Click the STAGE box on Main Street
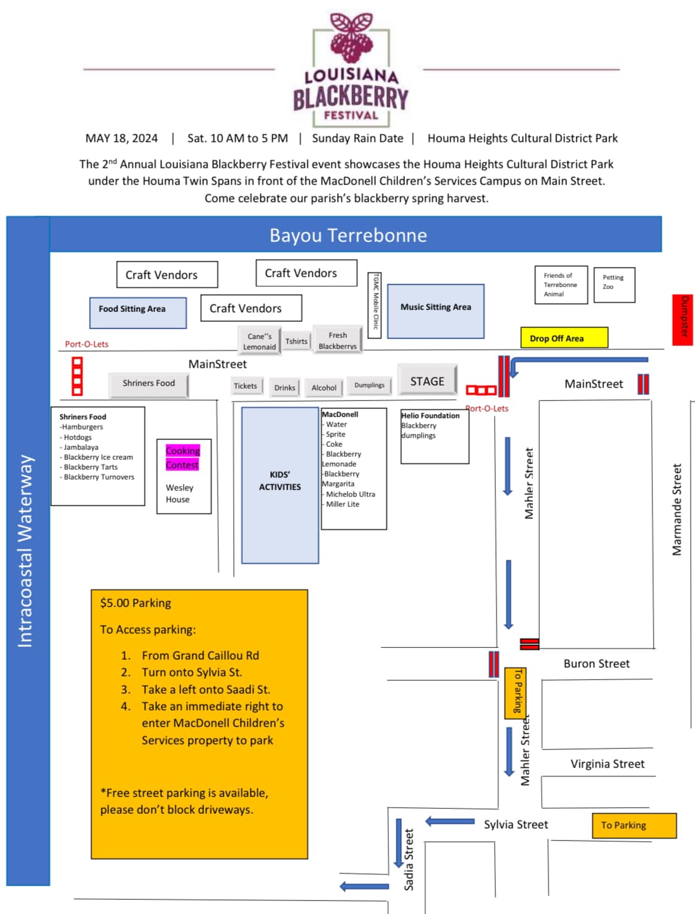point(427,379)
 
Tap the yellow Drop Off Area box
point(564,337)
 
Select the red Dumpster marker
point(682,320)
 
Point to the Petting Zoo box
point(614,285)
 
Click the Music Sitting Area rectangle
point(435,311)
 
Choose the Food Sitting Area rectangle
point(138,313)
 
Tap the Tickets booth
point(247,386)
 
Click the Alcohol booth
point(324,387)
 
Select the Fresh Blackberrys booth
point(338,340)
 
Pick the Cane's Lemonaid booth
point(260,340)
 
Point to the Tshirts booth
point(296,341)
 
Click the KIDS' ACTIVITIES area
point(280,485)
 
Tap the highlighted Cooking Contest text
point(182,457)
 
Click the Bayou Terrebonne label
point(348,235)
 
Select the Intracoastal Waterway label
point(25,551)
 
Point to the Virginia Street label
point(607,764)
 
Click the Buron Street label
point(597,663)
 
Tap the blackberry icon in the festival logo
point(351,38)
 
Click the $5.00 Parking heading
point(135,603)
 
